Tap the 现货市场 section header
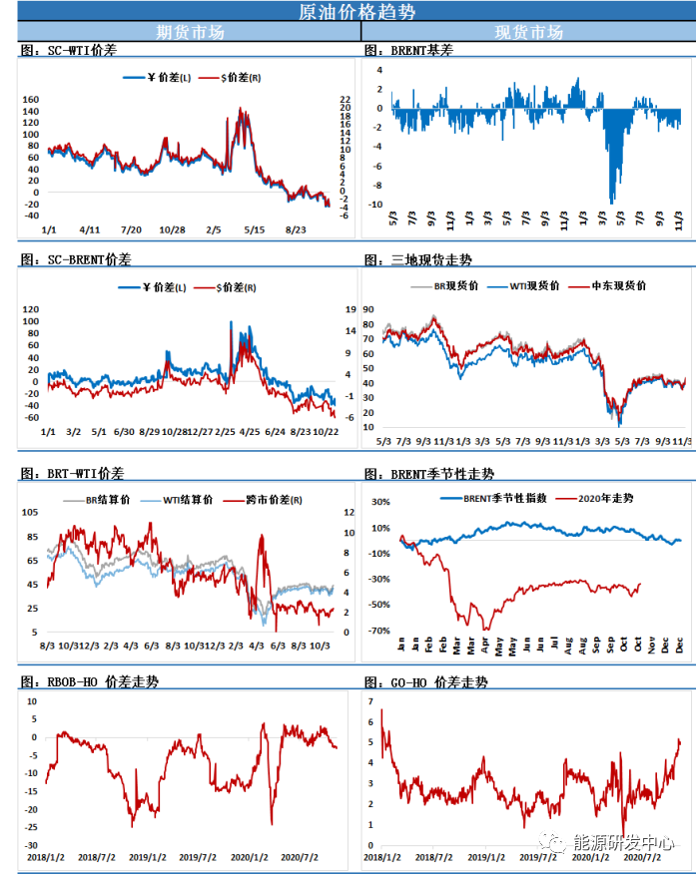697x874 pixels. [528, 32]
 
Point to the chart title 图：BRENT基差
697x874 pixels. [410, 49]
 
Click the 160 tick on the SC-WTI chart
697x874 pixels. [29, 100]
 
